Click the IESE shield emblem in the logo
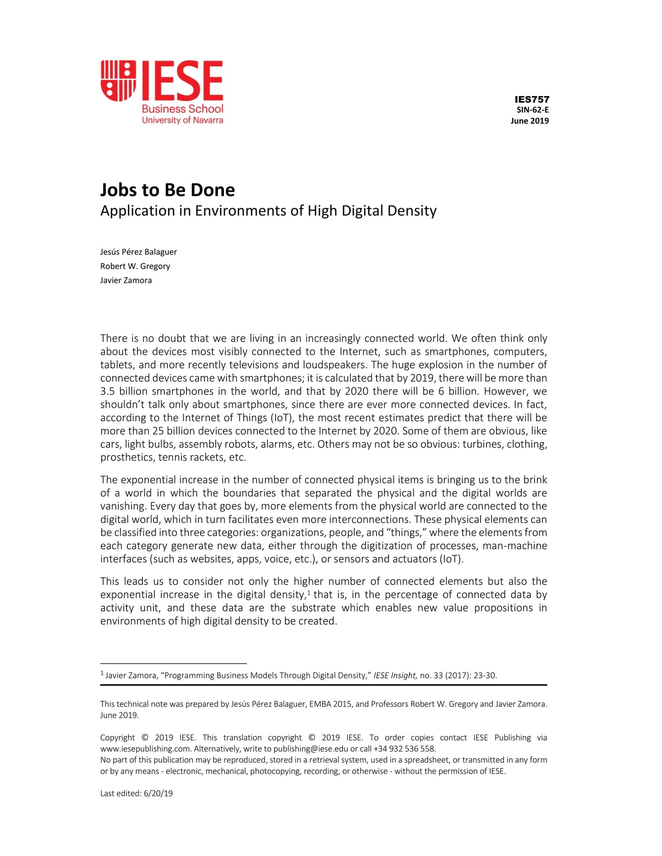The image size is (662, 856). (x=118, y=81)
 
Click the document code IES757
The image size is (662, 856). (x=531, y=99)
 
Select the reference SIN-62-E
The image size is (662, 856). (x=532, y=110)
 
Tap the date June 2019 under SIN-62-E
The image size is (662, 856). (x=530, y=121)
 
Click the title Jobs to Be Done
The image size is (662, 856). (x=167, y=190)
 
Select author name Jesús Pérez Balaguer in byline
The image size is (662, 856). (x=138, y=252)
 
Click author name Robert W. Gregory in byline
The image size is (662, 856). (x=135, y=266)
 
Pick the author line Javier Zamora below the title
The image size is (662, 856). (x=126, y=280)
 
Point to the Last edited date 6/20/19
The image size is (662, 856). (x=158, y=793)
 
